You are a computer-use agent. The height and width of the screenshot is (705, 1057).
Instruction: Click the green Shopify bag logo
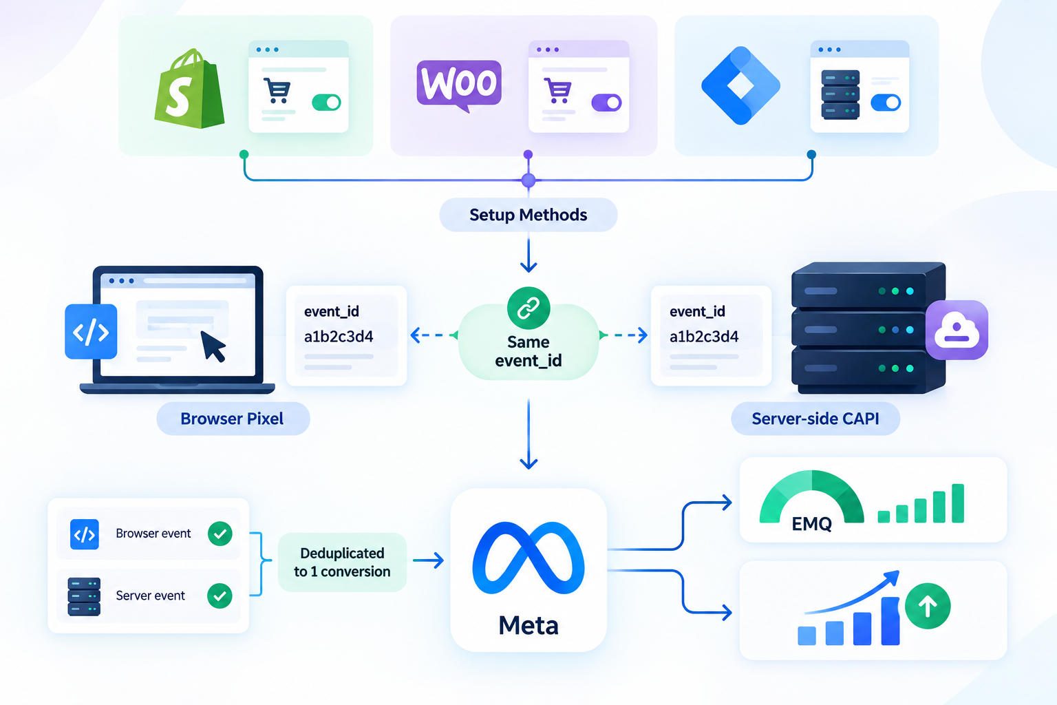tap(189, 89)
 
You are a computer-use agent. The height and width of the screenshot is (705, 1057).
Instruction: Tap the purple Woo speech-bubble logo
tap(459, 85)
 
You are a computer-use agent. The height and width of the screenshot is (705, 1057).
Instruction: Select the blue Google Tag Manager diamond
tap(740, 85)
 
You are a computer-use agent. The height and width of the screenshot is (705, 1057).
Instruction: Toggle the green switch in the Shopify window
tap(327, 103)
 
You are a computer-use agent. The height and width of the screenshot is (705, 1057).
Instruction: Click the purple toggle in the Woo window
tap(606, 103)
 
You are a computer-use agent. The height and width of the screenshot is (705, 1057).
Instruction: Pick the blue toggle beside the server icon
tap(886, 103)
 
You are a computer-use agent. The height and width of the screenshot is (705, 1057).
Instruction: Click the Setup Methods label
tap(528, 215)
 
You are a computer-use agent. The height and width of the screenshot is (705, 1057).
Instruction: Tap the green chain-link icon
tap(528, 308)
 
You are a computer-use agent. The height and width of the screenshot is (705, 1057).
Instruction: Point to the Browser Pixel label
tap(233, 419)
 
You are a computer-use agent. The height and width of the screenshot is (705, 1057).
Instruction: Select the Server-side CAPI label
tap(815, 419)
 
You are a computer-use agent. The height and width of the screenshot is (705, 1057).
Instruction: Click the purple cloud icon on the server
tap(957, 330)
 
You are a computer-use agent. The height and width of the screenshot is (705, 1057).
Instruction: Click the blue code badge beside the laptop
tap(91, 331)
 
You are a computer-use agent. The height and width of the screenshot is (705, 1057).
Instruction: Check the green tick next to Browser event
tap(220, 534)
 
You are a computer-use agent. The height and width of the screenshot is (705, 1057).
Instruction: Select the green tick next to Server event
tap(220, 596)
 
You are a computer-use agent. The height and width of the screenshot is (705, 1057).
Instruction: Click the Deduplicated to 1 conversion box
tap(342, 562)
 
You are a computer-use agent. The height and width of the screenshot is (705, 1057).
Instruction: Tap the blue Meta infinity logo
tap(528, 558)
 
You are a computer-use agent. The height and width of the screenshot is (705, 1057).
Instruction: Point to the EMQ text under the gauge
tap(811, 524)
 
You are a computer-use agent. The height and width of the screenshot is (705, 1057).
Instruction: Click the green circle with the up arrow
tap(928, 607)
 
